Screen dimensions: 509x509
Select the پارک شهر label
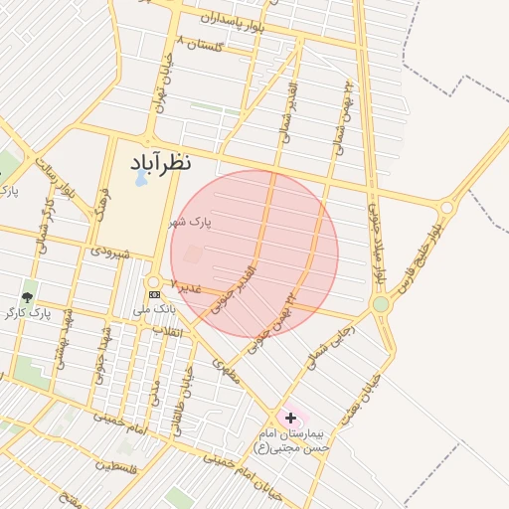click(190, 222)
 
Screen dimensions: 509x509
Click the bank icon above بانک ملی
click(154, 295)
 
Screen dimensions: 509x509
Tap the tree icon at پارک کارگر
click(27, 296)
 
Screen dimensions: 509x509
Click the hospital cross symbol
click(290, 419)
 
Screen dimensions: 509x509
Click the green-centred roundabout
click(380, 304)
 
